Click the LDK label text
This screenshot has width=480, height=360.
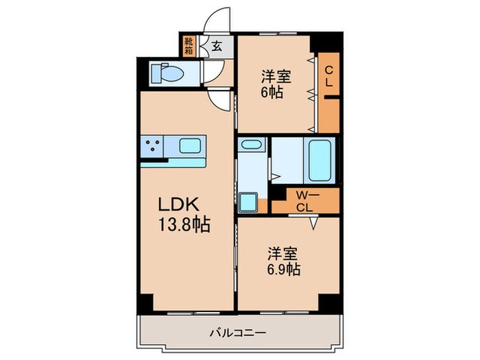[180, 205]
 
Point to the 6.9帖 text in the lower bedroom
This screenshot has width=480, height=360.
[283, 269]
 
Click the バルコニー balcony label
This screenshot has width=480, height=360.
[238, 333]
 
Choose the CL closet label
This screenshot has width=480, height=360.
[329, 76]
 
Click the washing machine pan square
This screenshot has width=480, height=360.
[249, 203]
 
